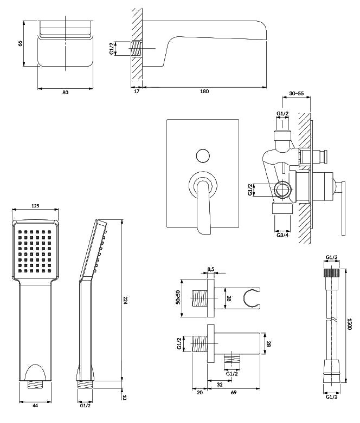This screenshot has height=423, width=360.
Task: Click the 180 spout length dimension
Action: pyautogui.click(x=204, y=92)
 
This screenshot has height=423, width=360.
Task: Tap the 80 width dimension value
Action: pyautogui.click(x=65, y=93)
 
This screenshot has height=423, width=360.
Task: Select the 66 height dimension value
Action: pyautogui.click(x=20, y=44)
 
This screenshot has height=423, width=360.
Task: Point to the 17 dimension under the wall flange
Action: pyautogui.click(x=136, y=92)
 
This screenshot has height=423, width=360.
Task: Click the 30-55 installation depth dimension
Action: pyautogui.click(x=296, y=94)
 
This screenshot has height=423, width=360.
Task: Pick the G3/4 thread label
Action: pyautogui.click(x=282, y=234)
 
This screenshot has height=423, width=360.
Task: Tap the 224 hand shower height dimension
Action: pyautogui.click(x=125, y=301)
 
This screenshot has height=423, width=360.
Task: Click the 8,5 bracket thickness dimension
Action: pyautogui.click(x=211, y=269)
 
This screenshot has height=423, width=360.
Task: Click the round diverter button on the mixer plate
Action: pyautogui.click(x=203, y=155)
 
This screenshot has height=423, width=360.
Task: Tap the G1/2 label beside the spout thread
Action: pyautogui.click(x=112, y=48)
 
